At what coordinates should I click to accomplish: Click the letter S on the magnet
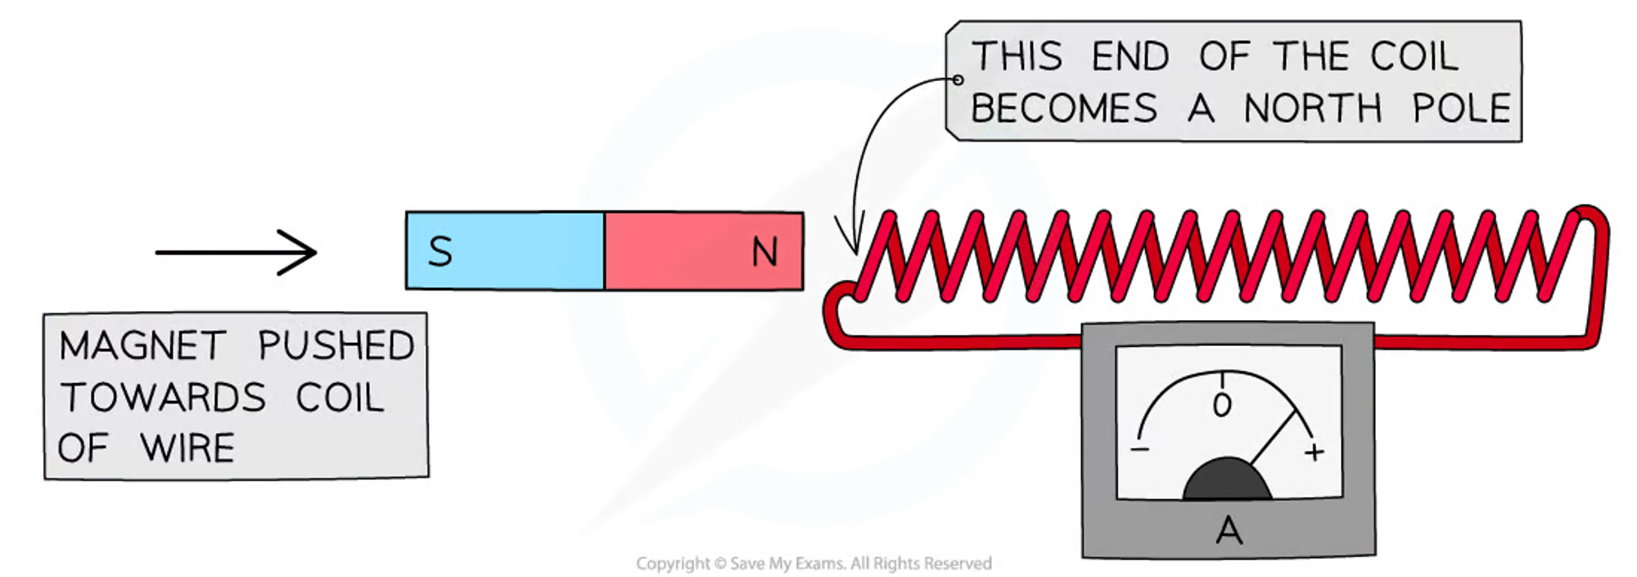coord(440,251)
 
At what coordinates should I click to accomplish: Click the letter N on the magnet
coord(764,251)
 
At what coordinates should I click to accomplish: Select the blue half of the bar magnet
coord(506,250)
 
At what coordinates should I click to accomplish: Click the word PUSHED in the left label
coord(336,345)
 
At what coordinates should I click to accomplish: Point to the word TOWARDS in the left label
coord(163,398)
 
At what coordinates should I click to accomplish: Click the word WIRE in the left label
coord(187,449)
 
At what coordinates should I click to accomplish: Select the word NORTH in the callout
coord(1313,108)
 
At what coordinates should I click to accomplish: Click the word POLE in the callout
coord(1462,108)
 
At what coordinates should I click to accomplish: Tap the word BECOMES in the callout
coord(1064,108)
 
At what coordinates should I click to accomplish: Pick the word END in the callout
coord(1130,56)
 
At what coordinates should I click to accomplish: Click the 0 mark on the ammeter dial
coord(1222,404)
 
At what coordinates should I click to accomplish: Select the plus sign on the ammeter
coord(1315,452)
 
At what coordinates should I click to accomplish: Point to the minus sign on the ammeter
coord(1140,449)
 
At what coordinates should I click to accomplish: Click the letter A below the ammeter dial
coord(1229,530)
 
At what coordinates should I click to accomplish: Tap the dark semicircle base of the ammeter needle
coord(1227,478)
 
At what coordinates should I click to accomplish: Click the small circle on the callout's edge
coord(958,79)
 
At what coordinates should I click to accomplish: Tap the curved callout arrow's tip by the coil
coord(854,250)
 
